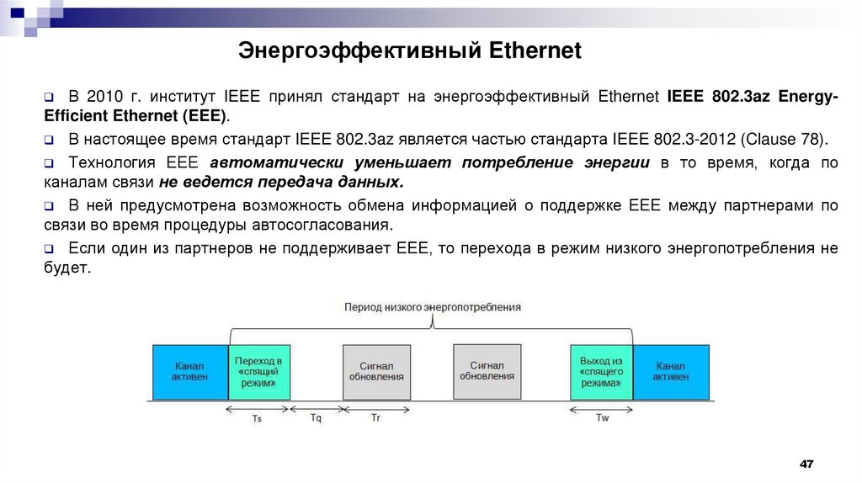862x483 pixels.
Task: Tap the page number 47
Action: point(807,464)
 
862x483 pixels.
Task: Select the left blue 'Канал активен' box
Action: point(190,372)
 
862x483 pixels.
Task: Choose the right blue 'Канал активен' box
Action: point(670,372)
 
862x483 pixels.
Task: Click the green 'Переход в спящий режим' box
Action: point(258,371)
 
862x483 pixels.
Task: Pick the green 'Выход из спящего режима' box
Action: point(601,371)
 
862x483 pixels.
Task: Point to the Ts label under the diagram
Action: point(258,419)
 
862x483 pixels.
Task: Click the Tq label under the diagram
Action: point(316,418)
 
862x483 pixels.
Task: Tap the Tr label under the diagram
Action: point(375,418)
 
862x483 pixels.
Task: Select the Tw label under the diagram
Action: point(602,418)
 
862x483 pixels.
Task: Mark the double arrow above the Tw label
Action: point(601,409)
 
